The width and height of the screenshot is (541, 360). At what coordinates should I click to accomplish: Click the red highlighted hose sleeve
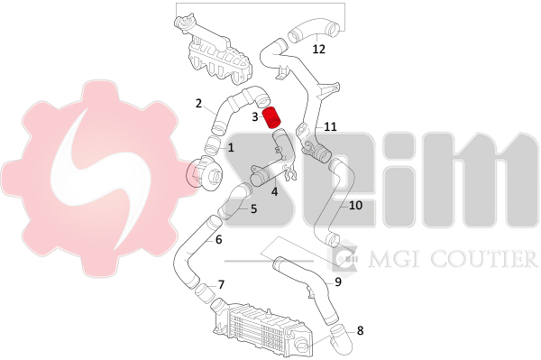click(272, 118)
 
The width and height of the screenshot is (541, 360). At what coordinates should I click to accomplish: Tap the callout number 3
click(255, 117)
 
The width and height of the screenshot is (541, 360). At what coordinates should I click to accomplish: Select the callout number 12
click(319, 49)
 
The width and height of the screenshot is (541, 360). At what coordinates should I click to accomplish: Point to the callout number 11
click(331, 126)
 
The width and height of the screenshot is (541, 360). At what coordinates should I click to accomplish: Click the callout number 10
click(355, 206)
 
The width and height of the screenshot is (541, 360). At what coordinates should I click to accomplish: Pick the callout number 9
click(338, 282)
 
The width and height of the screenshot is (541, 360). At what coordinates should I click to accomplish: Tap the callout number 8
click(360, 330)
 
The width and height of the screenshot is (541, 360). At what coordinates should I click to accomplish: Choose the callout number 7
click(221, 285)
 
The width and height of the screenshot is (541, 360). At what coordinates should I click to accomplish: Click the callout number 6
click(219, 239)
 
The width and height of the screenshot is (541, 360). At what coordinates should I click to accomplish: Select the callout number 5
click(253, 208)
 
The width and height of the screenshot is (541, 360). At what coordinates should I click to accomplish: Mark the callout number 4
click(274, 191)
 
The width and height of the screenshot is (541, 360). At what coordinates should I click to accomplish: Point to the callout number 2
click(198, 103)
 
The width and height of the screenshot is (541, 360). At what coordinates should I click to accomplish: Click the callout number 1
click(231, 148)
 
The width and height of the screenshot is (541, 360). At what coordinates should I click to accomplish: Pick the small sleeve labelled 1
click(212, 145)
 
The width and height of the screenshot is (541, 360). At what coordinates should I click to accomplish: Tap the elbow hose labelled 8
click(341, 339)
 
